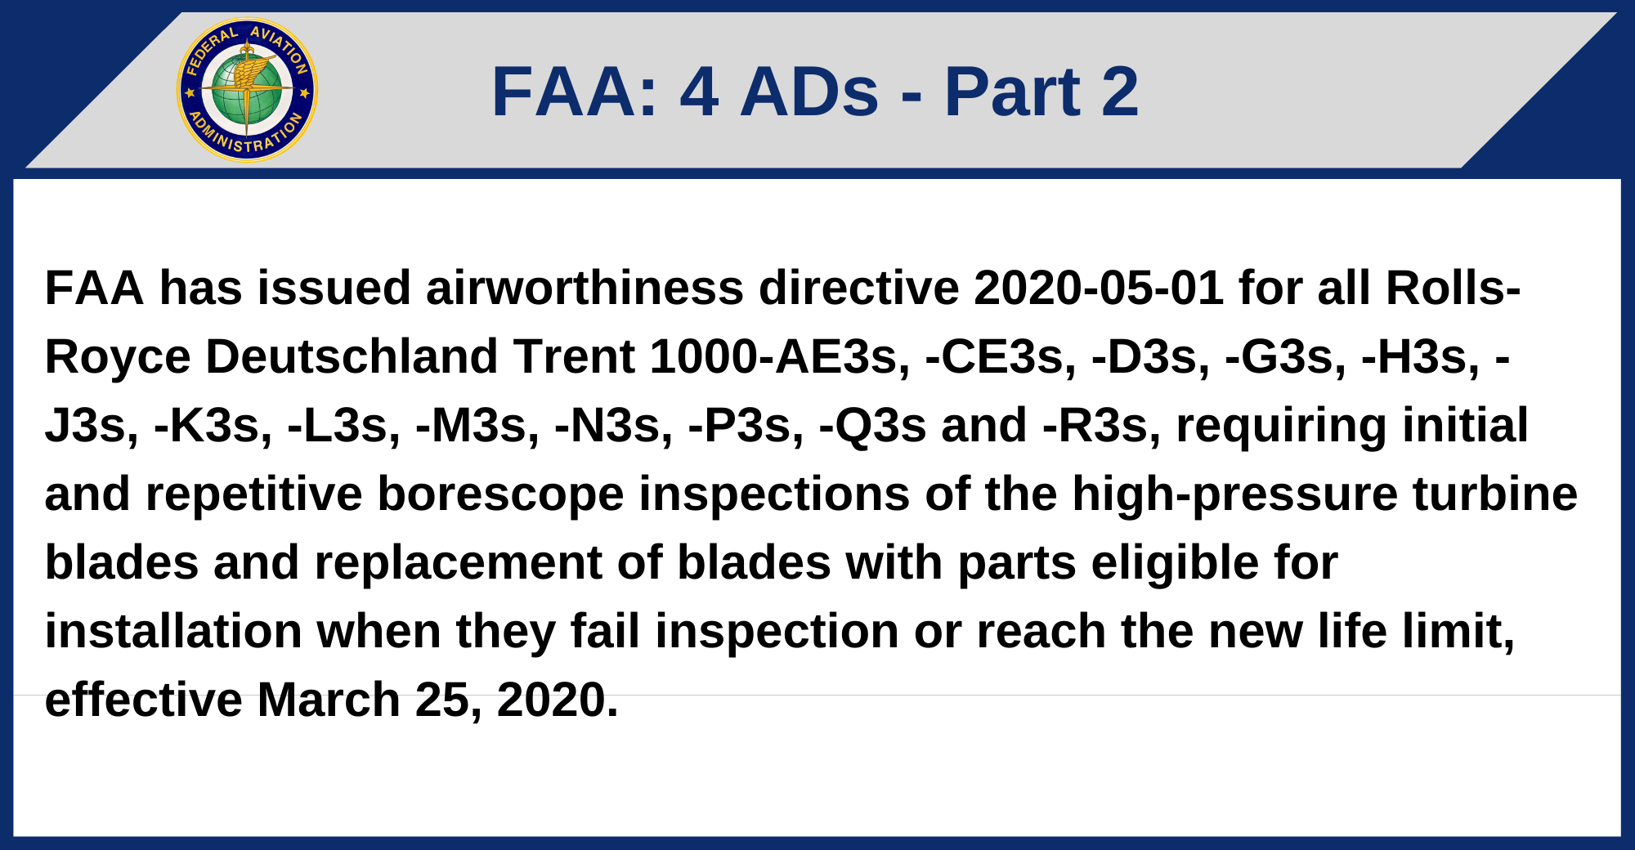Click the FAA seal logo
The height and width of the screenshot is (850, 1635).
pyautogui.click(x=247, y=90)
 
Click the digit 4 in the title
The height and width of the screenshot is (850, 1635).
pyautogui.click(x=699, y=92)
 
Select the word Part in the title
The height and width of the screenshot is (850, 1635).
pyautogui.click(x=1012, y=92)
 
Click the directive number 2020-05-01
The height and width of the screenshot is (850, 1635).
pyautogui.click(x=1098, y=289)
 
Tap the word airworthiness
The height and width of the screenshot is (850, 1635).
pyautogui.click(x=585, y=289)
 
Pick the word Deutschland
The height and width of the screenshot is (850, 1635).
pyautogui.click(x=352, y=357)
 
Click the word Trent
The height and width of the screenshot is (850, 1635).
pyautogui.click(x=574, y=357)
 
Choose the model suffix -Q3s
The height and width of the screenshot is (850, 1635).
pyautogui.click(x=872, y=426)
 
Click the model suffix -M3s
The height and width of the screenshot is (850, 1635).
pyautogui.click(x=477, y=426)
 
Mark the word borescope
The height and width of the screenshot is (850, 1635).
pyautogui.click(x=499, y=494)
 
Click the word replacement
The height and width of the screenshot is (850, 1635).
pyautogui.click(x=458, y=563)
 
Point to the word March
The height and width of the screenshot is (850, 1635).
pyautogui.click(x=329, y=700)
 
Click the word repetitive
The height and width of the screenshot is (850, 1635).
pyautogui.click(x=253, y=494)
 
